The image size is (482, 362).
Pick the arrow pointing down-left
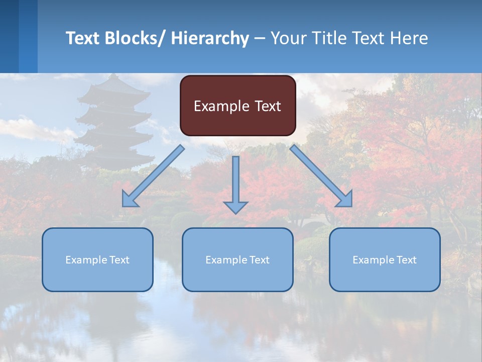click(153, 176)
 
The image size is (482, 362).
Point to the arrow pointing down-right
click(321, 176)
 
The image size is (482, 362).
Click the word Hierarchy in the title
click(210, 38)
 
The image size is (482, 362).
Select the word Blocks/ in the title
click(135, 38)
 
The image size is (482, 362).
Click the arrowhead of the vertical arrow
click(235, 207)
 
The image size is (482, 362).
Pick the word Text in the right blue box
click(406, 260)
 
